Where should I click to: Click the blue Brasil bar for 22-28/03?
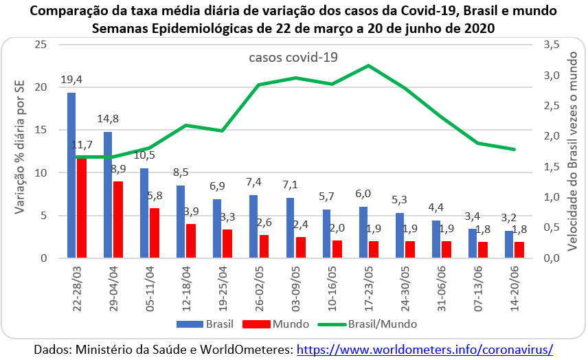(x=71, y=175)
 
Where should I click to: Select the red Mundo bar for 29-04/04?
(x=118, y=220)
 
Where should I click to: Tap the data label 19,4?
(x=71, y=80)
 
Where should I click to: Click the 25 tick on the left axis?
(x=41, y=45)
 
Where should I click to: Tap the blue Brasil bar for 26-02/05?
(x=253, y=227)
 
